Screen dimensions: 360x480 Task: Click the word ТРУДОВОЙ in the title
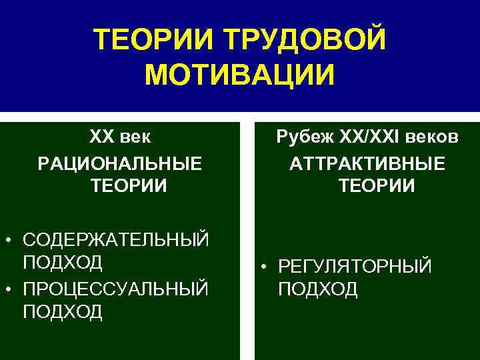coord(305,40)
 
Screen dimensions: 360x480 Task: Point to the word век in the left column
coord(136,137)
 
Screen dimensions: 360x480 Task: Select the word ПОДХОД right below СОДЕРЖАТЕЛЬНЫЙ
coord(63,262)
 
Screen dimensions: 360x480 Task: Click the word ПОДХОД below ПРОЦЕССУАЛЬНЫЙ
coord(63,311)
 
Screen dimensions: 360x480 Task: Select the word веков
coord(433,137)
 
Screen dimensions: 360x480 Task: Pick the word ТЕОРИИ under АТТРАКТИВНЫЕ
coord(377,186)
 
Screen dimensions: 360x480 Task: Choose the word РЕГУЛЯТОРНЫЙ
coord(355,267)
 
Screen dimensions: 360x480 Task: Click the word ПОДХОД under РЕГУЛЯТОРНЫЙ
coord(318,289)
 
